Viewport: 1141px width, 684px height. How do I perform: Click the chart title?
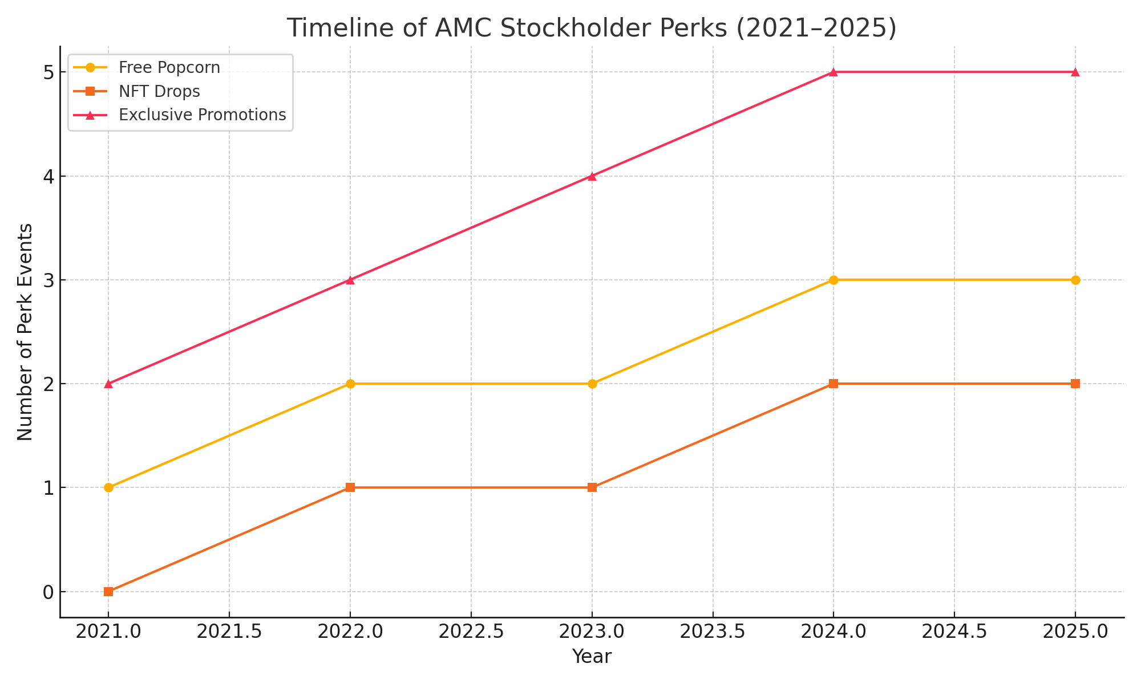coord(592,28)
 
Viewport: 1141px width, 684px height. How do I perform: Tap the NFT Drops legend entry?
coord(159,91)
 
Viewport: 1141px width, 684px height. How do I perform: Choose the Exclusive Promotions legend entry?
coord(202,115)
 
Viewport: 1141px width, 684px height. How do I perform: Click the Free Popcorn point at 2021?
coord(108,487)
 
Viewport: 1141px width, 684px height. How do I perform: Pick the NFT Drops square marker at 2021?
coord(108,592)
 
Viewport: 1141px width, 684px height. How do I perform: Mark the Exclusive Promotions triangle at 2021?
coord(108,384)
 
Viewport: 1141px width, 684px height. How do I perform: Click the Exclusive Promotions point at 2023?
coord(592,176)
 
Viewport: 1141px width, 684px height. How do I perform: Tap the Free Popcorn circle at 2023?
coord(592,384)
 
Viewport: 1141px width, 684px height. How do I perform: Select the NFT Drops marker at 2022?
coord(350,487)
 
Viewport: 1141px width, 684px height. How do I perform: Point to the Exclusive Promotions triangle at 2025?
coord(1075,72)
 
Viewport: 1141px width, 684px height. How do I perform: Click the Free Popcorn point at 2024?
coord(834,280)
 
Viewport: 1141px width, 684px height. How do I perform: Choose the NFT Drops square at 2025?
coord(1075,384)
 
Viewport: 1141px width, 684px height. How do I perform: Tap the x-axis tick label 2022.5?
coord(471,632)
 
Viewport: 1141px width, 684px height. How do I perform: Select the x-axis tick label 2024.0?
coord(834,632)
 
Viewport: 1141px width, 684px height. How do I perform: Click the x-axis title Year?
coord(592,657)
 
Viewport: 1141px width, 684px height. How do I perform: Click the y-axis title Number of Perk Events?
coord(25,332)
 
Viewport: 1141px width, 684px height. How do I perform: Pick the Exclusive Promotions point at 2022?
coord(350,280)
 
